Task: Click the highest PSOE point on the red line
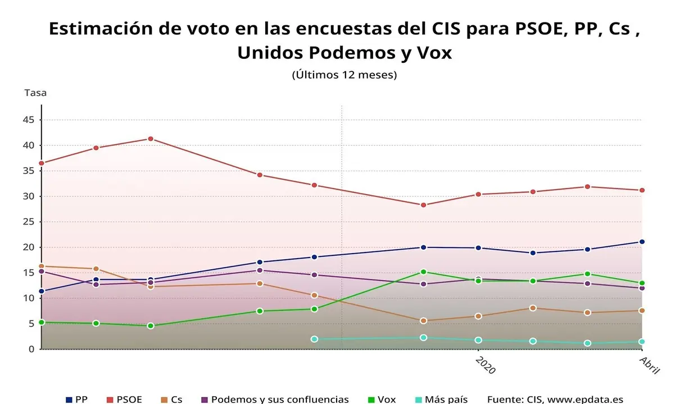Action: [x=150, y=139]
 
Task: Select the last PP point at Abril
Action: [x=641, y=242]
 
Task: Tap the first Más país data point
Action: [x=314, y=339]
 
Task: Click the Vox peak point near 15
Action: [x=423, y=272]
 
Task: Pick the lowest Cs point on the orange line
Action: [x=423, y=321]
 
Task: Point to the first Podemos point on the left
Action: [x=41, y=272]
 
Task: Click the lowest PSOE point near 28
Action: [x=423, y=205]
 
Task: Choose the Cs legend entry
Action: [x=171, y=400]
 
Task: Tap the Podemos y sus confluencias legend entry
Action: [x=275, y=400]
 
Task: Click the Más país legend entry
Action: [x=441, y=400]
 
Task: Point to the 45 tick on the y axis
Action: [x=29, y=120]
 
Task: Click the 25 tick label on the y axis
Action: [x=29, y=222]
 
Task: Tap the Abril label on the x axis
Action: [x=650, y=365]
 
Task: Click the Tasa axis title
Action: [x=35, y=93]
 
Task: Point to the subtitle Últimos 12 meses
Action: [x=344, y=75]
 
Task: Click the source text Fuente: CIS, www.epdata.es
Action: [x=555, y=400]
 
